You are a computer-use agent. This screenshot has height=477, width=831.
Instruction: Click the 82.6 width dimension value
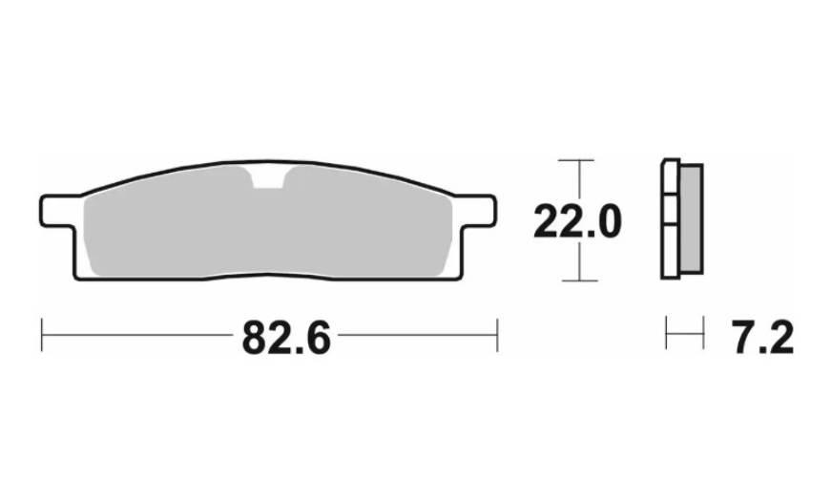(x=286, y=338)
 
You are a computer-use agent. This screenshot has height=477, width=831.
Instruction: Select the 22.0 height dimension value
(x=577, y=221)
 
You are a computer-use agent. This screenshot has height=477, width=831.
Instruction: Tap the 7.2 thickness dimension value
(x=763, y=338)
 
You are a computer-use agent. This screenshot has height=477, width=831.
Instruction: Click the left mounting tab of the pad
(x=57, y=211)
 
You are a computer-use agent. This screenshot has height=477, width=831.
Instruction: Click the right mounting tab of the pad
(x=479, y=211)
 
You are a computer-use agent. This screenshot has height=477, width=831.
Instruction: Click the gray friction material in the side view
(x=692, y=218)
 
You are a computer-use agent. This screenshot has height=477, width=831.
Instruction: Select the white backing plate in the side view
(x=671, y=218)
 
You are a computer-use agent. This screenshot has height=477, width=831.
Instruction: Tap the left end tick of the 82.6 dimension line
(x=41, y=335)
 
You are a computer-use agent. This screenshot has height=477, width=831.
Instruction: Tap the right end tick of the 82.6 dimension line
(x=497, y=335)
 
